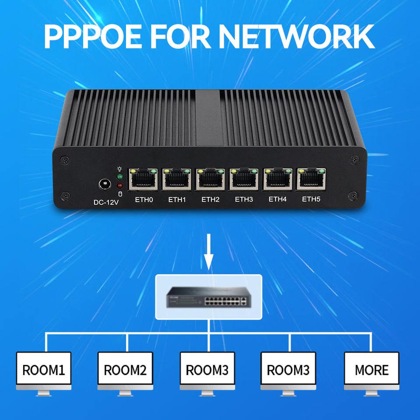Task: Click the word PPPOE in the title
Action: (x=93, y=36)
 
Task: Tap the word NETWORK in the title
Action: (x=297, y=36)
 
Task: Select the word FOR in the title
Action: (x=180, y=36)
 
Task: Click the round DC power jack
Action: (x=105, y=184)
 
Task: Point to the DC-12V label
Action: (x=106, y=202)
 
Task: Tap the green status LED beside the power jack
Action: (x=120, y=177)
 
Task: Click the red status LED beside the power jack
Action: (x=120, y=185)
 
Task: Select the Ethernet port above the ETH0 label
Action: (x=143, y=179)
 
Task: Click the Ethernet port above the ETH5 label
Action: (x=311, y=178)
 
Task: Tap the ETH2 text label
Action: (x=210, y=199)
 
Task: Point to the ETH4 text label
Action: (x=277, y=199)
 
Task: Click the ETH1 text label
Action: (x=177, y=199)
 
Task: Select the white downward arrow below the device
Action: (x=209, y=252)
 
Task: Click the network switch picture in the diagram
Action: (x=209, y=297)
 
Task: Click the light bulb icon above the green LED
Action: (x=119, y=169)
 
